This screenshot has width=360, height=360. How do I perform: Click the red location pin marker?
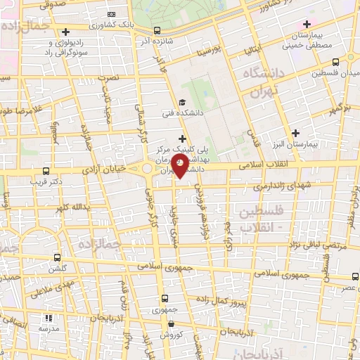pyautogui.click(x=180, y=166)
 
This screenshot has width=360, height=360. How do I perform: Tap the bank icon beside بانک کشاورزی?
pyautogui.click(x=111, y=14)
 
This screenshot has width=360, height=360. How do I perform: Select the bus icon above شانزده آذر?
pyautogui.click(x=156, y=31)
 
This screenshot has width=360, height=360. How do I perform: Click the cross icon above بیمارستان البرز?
pyautogui.click(x=295, y=133)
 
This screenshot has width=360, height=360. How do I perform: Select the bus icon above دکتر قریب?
pyautogui.click(x=46, y=170)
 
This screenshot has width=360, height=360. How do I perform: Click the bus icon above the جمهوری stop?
pyautogui.click(x=164, y=298)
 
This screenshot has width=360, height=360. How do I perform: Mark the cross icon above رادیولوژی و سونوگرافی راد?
pyautogui.click(x=65, y=32)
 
